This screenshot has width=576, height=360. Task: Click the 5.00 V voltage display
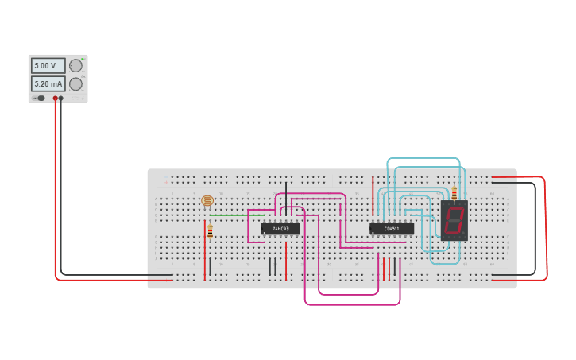(x=47, y=66)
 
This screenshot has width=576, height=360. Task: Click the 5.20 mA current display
(x=47, y=83)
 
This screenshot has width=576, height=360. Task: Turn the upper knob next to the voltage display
(x=75, y=66)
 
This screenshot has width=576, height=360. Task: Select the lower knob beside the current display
(x=75, y=83)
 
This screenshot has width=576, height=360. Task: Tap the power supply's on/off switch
(x=40, y=99)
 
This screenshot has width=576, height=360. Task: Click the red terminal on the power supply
(x=56, y=99)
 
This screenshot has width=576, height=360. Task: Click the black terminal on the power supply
(x=60, y=99)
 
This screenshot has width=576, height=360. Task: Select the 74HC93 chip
(x=280, y=229)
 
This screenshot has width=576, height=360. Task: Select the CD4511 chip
(x=391, y=229)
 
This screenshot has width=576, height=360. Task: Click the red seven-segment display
(x=454, y=221)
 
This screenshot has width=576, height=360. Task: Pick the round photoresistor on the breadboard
(x=207, y=201)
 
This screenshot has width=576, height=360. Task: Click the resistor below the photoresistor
(x=210, y=231)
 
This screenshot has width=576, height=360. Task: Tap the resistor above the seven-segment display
(x=454, y=192)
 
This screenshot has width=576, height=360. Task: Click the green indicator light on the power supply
(x=83, y=59)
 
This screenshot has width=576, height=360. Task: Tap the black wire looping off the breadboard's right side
(x=535, y=230)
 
